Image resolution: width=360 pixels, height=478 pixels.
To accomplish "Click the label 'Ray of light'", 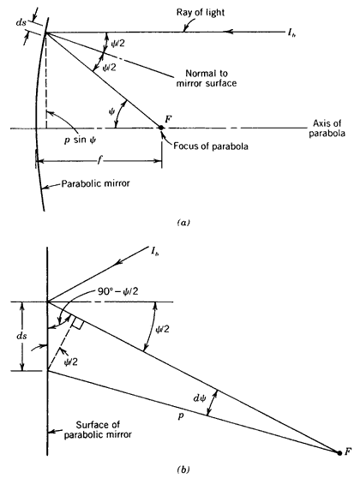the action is tap(200, 13).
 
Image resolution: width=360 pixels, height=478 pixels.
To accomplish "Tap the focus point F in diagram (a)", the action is tap(160, 128).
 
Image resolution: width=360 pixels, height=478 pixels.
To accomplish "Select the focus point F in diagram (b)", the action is tap(339, 453).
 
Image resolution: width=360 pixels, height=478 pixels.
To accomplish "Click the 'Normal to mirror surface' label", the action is tap(207, 78).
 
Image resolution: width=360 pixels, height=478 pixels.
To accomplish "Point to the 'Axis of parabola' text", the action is tap(327, 128).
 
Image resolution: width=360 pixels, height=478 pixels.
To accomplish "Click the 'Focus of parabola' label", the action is tap(211, 146).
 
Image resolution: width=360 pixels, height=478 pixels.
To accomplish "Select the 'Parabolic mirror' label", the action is tap(96, 183).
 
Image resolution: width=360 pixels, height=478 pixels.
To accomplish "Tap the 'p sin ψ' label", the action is tap(80, 140).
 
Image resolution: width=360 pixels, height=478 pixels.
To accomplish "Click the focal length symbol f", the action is tap(99, 160).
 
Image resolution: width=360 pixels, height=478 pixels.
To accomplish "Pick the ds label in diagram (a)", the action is tap(21, 22).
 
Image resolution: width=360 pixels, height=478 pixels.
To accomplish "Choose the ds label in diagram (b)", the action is tap(21, 336).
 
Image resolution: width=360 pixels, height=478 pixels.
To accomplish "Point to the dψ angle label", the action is tap(200, 397).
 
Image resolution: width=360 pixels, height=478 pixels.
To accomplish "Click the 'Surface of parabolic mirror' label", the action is tap(98, 429).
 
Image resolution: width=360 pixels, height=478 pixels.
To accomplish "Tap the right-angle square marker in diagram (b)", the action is tap(77, 323).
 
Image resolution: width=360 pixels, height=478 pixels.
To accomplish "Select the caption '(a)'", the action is tap(183, 223).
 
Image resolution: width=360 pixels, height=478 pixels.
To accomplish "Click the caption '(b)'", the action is tap(183, 469).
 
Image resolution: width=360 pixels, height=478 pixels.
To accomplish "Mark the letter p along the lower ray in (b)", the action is tap(181, 415).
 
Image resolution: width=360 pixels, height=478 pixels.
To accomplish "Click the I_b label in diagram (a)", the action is tap(291, 33).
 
